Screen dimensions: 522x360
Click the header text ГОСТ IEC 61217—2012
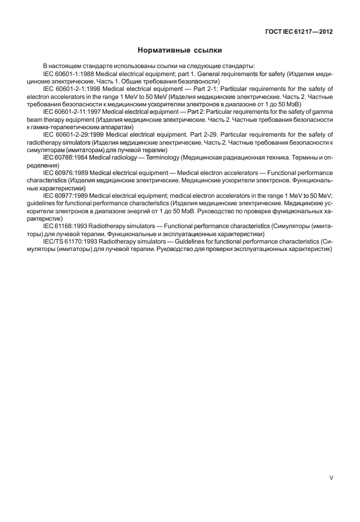tap(299, 32)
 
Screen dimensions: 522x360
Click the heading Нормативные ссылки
tap(180, 50)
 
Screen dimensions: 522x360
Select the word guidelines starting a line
tap(41, 202)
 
